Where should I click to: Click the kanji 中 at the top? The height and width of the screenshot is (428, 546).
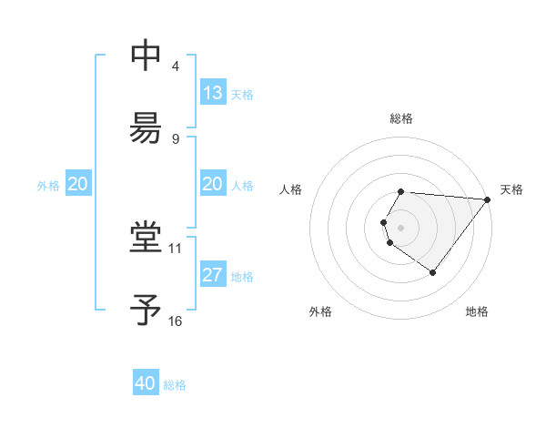146,56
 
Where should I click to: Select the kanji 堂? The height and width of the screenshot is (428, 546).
146,238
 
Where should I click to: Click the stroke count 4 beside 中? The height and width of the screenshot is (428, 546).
176,66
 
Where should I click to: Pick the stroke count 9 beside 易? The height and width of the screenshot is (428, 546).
176,138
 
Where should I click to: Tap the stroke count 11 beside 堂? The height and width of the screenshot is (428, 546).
176,247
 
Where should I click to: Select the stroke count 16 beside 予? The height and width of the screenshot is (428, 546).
176,321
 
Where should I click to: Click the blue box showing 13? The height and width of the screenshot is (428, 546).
213,93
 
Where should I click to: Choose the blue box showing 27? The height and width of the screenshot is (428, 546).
213,275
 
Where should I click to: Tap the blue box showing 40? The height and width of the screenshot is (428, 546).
146,383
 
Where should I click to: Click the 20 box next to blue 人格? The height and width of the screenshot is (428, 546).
213,184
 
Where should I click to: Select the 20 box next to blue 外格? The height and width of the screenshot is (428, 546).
78,184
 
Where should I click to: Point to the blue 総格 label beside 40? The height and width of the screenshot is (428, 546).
175,385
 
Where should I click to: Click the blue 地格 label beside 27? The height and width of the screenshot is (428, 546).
242,277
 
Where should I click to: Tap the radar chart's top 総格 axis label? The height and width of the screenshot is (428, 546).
401,118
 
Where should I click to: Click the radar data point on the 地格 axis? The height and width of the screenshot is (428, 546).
432,272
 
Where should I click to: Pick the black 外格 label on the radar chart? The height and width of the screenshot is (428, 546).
320,312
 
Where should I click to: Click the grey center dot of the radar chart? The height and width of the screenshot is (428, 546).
401,227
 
